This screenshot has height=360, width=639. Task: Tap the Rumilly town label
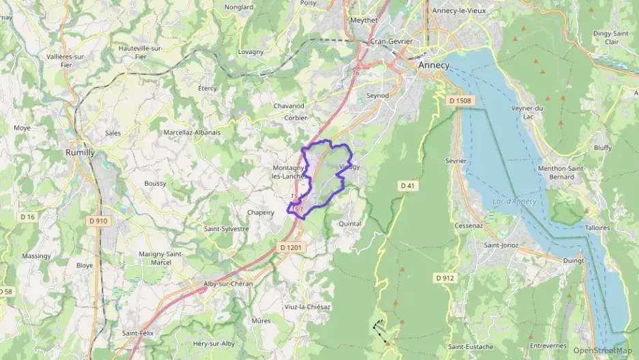pyautogui.click(x=80, y=152)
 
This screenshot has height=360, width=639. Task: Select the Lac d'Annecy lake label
pyautogui.click(x=514, y=201)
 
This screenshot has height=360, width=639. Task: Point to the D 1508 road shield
pyautogui.click(x=461, y=101)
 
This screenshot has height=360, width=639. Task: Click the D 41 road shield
pyautogui.click(x=408, y=185)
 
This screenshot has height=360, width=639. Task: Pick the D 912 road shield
pyautogui.click(x=444, y=277)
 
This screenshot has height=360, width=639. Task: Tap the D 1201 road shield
pyautogui.click(x=291, y=247)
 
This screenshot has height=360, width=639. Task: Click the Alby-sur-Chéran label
pyautogui.click(x=228, y=283)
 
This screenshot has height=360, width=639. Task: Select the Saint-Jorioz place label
pyautogui.click(x=501, y=245)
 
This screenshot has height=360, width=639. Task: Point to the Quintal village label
pyautogui.click(x=350, y=223)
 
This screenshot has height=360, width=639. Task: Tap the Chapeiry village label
pyautogui.click(x=260, y=212)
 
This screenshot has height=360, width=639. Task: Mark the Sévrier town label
pyautogui.click(x=455, y=161)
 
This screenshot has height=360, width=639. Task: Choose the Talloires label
pyautogui.click(x=597, y=227)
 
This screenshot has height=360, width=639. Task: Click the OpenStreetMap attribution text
pyautogui.click(x=602, y=350)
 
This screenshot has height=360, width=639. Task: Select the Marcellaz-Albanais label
pyautogui.click(x=192, y=132)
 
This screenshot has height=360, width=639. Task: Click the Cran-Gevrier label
pyautogui.click(x=391, y=41)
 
